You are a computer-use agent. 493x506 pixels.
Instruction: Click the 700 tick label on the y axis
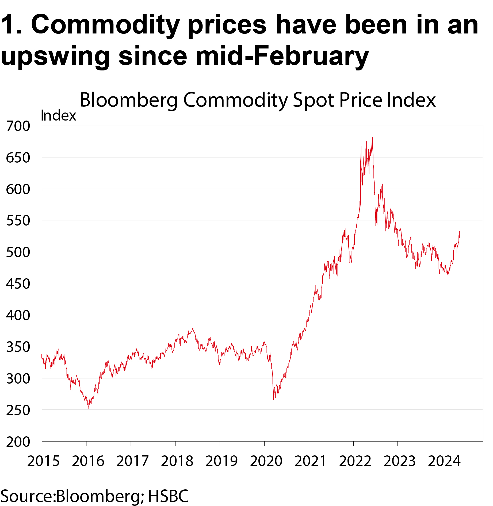[18, 126]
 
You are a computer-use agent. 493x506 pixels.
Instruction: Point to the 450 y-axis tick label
[18, 284]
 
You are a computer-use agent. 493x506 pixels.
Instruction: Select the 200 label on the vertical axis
[18, 442]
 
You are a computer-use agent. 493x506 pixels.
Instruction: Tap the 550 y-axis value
[18, 221]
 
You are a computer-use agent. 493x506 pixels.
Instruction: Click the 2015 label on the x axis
[43, 461]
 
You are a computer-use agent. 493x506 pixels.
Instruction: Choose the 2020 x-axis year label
[266, 461]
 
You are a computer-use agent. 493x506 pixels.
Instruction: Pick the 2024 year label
[444, 461]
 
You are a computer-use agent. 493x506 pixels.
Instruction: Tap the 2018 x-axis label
[177, 461]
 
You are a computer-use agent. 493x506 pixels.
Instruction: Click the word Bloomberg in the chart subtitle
[129, 100]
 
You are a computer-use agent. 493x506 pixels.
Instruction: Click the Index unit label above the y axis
[59, 116]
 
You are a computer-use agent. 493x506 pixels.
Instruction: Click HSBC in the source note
[168, 496]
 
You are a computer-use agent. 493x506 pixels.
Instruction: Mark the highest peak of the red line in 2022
[372, 138]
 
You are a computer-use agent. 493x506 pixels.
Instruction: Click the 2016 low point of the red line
[89, 408]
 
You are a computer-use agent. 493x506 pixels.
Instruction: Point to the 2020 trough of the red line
[273, 399]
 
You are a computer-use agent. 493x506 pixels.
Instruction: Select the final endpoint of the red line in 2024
[460, 231]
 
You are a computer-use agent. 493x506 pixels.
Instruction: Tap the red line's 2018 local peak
[193, 328]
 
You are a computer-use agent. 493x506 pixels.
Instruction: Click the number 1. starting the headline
[11, 25]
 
